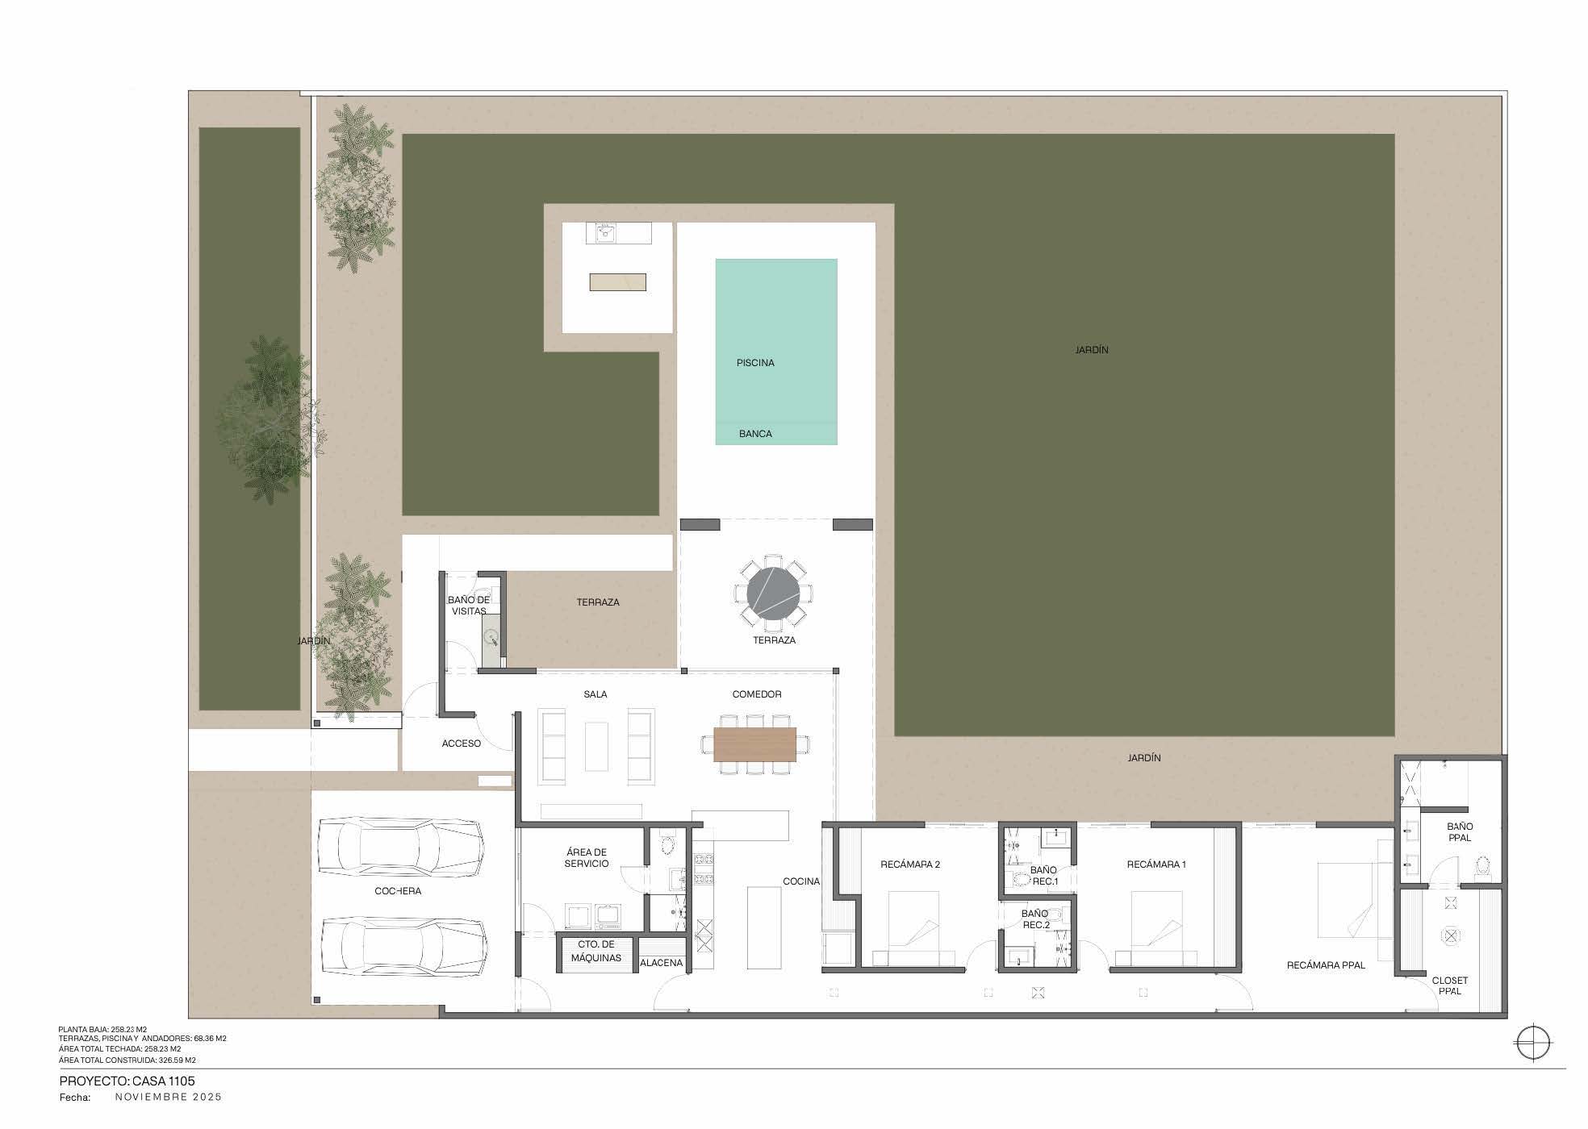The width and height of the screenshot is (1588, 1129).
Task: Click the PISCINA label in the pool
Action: [755, 363]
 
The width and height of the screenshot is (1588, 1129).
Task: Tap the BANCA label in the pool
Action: [755, 434]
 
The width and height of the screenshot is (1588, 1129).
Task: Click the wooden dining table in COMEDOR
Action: [754, 744]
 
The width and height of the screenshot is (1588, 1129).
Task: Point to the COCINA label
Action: [801, 881]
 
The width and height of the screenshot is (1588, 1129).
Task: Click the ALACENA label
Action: [662, 963]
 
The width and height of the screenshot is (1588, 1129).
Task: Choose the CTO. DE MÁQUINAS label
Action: [596, 952]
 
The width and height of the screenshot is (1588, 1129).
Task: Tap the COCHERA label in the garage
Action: [398, 891]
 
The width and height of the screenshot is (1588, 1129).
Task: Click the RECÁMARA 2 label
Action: [910, 864]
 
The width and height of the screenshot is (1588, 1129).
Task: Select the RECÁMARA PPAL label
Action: [1326, 965]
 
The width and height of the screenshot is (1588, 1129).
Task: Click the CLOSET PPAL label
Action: [1450, 985]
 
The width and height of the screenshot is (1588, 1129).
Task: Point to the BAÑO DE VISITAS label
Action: [469, 606]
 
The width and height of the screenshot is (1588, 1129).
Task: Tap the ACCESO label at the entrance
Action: [462, 744]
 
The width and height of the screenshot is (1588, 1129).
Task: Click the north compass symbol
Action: [1532, 1043]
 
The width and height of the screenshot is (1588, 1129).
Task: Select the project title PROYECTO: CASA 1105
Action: [127, 1081]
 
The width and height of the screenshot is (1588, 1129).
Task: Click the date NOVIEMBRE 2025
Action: [169, 1097]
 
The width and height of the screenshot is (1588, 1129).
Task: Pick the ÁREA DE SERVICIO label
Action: [587, 858]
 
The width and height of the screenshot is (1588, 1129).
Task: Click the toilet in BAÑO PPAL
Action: [1482, 868]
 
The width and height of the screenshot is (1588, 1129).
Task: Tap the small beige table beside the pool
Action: [617, 282]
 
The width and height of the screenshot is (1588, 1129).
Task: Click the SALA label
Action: [595, 694]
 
